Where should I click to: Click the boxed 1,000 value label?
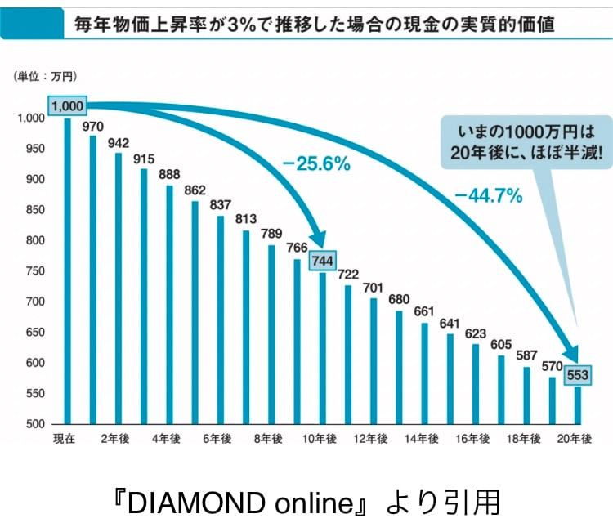point(68,106)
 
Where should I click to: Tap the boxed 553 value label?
point(578,374)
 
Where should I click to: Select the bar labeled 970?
point(93,278)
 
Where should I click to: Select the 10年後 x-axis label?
point(322,439)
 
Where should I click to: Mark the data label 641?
point(450,323)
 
